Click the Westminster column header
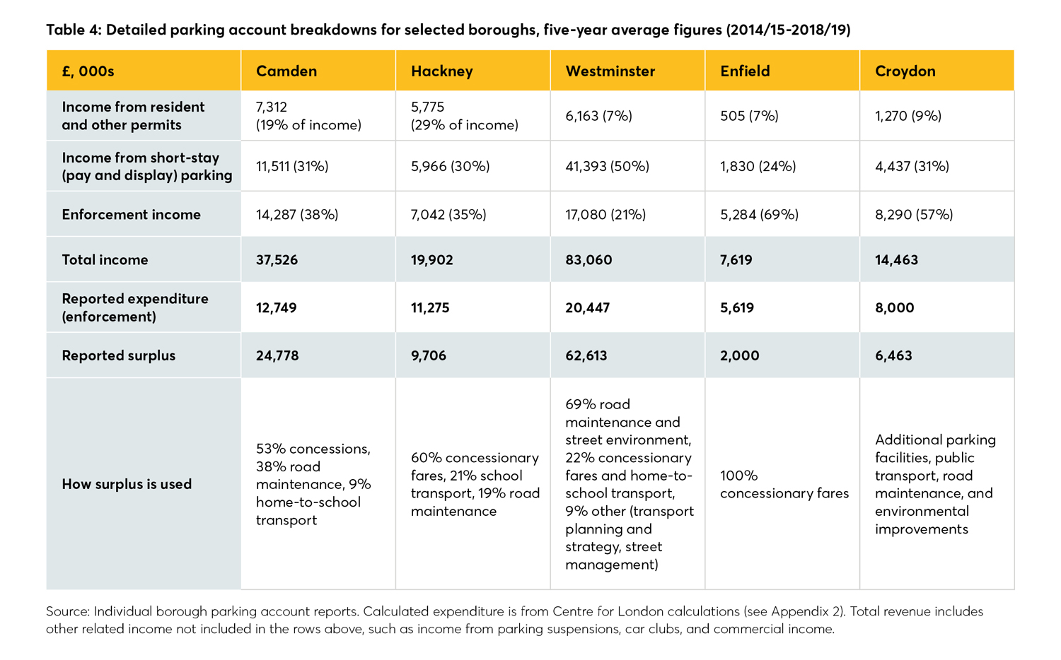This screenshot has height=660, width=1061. click(610, 71)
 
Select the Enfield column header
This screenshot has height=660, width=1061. click(745, 71)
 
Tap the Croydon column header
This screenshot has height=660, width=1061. click(905, 71)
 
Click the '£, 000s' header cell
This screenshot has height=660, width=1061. click(88, 71)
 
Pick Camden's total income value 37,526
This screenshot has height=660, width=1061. click(277, 260)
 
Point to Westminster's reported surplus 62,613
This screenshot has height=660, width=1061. click(586, 355)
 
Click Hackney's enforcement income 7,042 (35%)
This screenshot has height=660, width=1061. click(448, 215)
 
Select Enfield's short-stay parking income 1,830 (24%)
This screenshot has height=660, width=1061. click(758, 167)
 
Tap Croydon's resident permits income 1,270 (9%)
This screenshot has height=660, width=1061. click(908, 116)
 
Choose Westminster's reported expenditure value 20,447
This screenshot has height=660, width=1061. click(587, 308)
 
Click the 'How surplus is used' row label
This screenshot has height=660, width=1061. click(127, 484)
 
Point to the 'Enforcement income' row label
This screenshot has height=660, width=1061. click(131, 215)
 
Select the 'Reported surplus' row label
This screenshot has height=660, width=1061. click(118, 355)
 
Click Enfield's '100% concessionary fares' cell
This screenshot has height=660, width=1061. click(784, 484)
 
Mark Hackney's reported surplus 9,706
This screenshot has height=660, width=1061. click(428, 355)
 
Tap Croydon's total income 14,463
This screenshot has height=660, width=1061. click(896, 260)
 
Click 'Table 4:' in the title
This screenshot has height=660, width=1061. click(74, 30)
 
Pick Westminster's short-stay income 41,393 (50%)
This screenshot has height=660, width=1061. click(607, 167)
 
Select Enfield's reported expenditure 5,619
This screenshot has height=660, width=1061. click(736, 308)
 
